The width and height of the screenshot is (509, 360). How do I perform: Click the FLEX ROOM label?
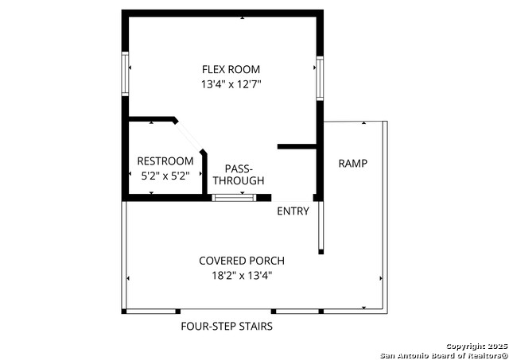coord(231,69)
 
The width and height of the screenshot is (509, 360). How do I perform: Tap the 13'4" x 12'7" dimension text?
coord(231,83)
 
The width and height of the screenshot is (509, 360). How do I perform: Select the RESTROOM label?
coord(165,161)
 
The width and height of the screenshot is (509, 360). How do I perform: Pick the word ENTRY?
coord(293,211)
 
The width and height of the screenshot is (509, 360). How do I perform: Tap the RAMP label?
coord(353,164)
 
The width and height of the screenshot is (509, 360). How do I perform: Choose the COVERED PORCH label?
coord(242,261)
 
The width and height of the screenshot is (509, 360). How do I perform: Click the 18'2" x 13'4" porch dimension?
coord(242,275)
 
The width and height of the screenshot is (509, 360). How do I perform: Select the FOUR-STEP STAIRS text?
coord(227,326)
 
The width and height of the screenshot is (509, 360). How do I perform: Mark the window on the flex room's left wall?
coord(125,74)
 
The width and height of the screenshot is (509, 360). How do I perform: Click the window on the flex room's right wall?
coord(320,77)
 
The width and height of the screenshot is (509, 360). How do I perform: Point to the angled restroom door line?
coord(190,134)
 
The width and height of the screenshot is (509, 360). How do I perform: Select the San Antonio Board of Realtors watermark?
coord(443,354)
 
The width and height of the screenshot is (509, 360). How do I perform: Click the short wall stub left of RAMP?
coord(297,146)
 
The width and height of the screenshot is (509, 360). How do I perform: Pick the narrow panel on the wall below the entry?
coord(321,227)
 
